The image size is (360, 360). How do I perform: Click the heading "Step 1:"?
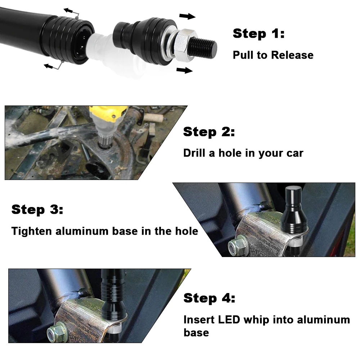click(258, 34)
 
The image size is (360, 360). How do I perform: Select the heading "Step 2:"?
click(209, 132)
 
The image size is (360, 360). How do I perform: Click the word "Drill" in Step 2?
click(194, 153)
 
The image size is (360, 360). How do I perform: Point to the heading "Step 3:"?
click(37, 210)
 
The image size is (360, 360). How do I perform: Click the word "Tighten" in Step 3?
click(31, 231)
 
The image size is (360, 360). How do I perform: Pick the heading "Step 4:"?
click(210, 298)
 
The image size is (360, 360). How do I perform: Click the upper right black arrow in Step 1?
click(187, 16)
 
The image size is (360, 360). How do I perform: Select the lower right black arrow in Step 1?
click(184, 70)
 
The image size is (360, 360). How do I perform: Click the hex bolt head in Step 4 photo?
click(57, 332)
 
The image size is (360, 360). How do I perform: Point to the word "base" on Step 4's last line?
click(196, 333)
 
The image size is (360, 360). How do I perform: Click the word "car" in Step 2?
click(295, 153)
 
